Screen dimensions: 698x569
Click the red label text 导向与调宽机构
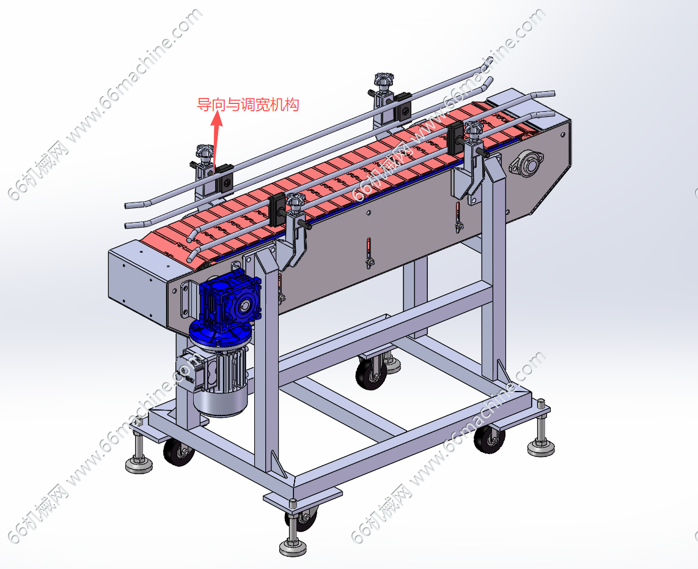coord(248,105)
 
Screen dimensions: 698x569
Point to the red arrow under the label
coord(216,143)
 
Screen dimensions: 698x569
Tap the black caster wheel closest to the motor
coord(178,452)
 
